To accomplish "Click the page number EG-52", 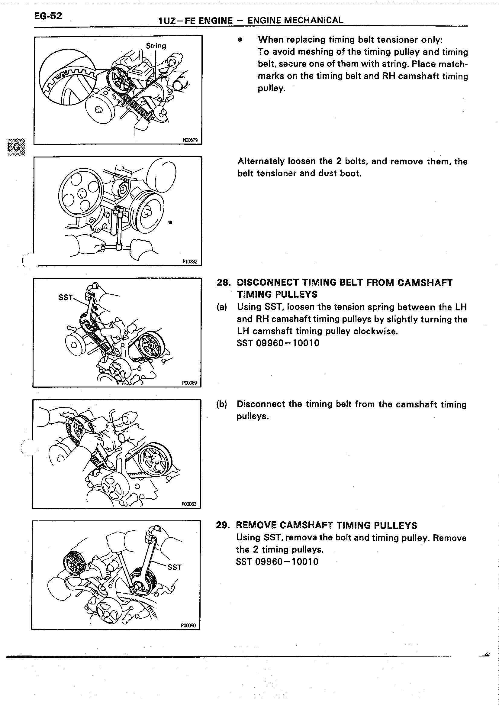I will point(48,16).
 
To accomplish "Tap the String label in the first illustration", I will point(156,46).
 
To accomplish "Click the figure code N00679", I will point(190,140).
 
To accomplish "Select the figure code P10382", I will point(190,262).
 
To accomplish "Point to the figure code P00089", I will point(189,383).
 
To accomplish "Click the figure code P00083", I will point(189,504).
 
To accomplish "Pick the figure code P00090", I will point(188,625).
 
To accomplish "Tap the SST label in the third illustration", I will point(66,297).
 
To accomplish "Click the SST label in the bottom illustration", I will point(174,567).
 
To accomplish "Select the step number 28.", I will point(224,283).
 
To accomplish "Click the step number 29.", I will point(222,525).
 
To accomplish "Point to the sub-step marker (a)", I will point(222,307).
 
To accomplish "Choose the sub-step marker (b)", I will point(221,404).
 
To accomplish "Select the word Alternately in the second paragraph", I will point(261,161).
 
